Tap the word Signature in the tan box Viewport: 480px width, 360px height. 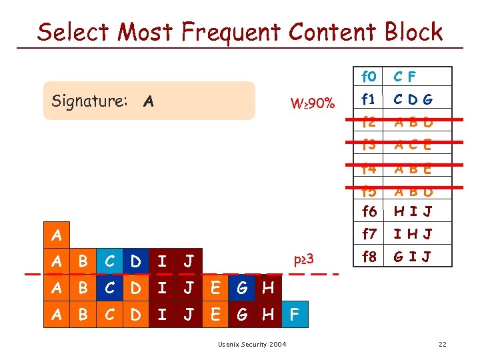(89, 101)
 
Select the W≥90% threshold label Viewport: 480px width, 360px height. (313, 103)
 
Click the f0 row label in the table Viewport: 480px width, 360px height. (368, 77)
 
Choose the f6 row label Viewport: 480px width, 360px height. (368, 212)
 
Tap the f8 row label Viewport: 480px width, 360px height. (368, 255)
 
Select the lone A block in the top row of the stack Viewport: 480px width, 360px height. (57, 235)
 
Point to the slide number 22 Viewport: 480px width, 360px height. (442, 344)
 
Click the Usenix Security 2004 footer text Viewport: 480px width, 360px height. (252, 344)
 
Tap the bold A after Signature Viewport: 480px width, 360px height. (149, 102)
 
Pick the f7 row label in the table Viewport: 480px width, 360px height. (368, 234)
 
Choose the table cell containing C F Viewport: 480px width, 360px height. (405, 77)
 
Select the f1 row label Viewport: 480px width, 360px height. (368, 100)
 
